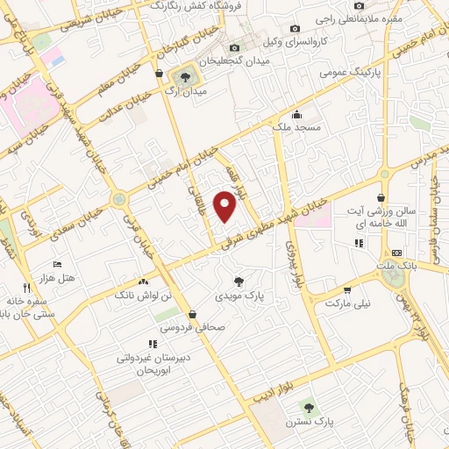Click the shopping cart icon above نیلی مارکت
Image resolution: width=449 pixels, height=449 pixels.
348,289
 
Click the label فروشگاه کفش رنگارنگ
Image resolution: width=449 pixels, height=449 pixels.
188,6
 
